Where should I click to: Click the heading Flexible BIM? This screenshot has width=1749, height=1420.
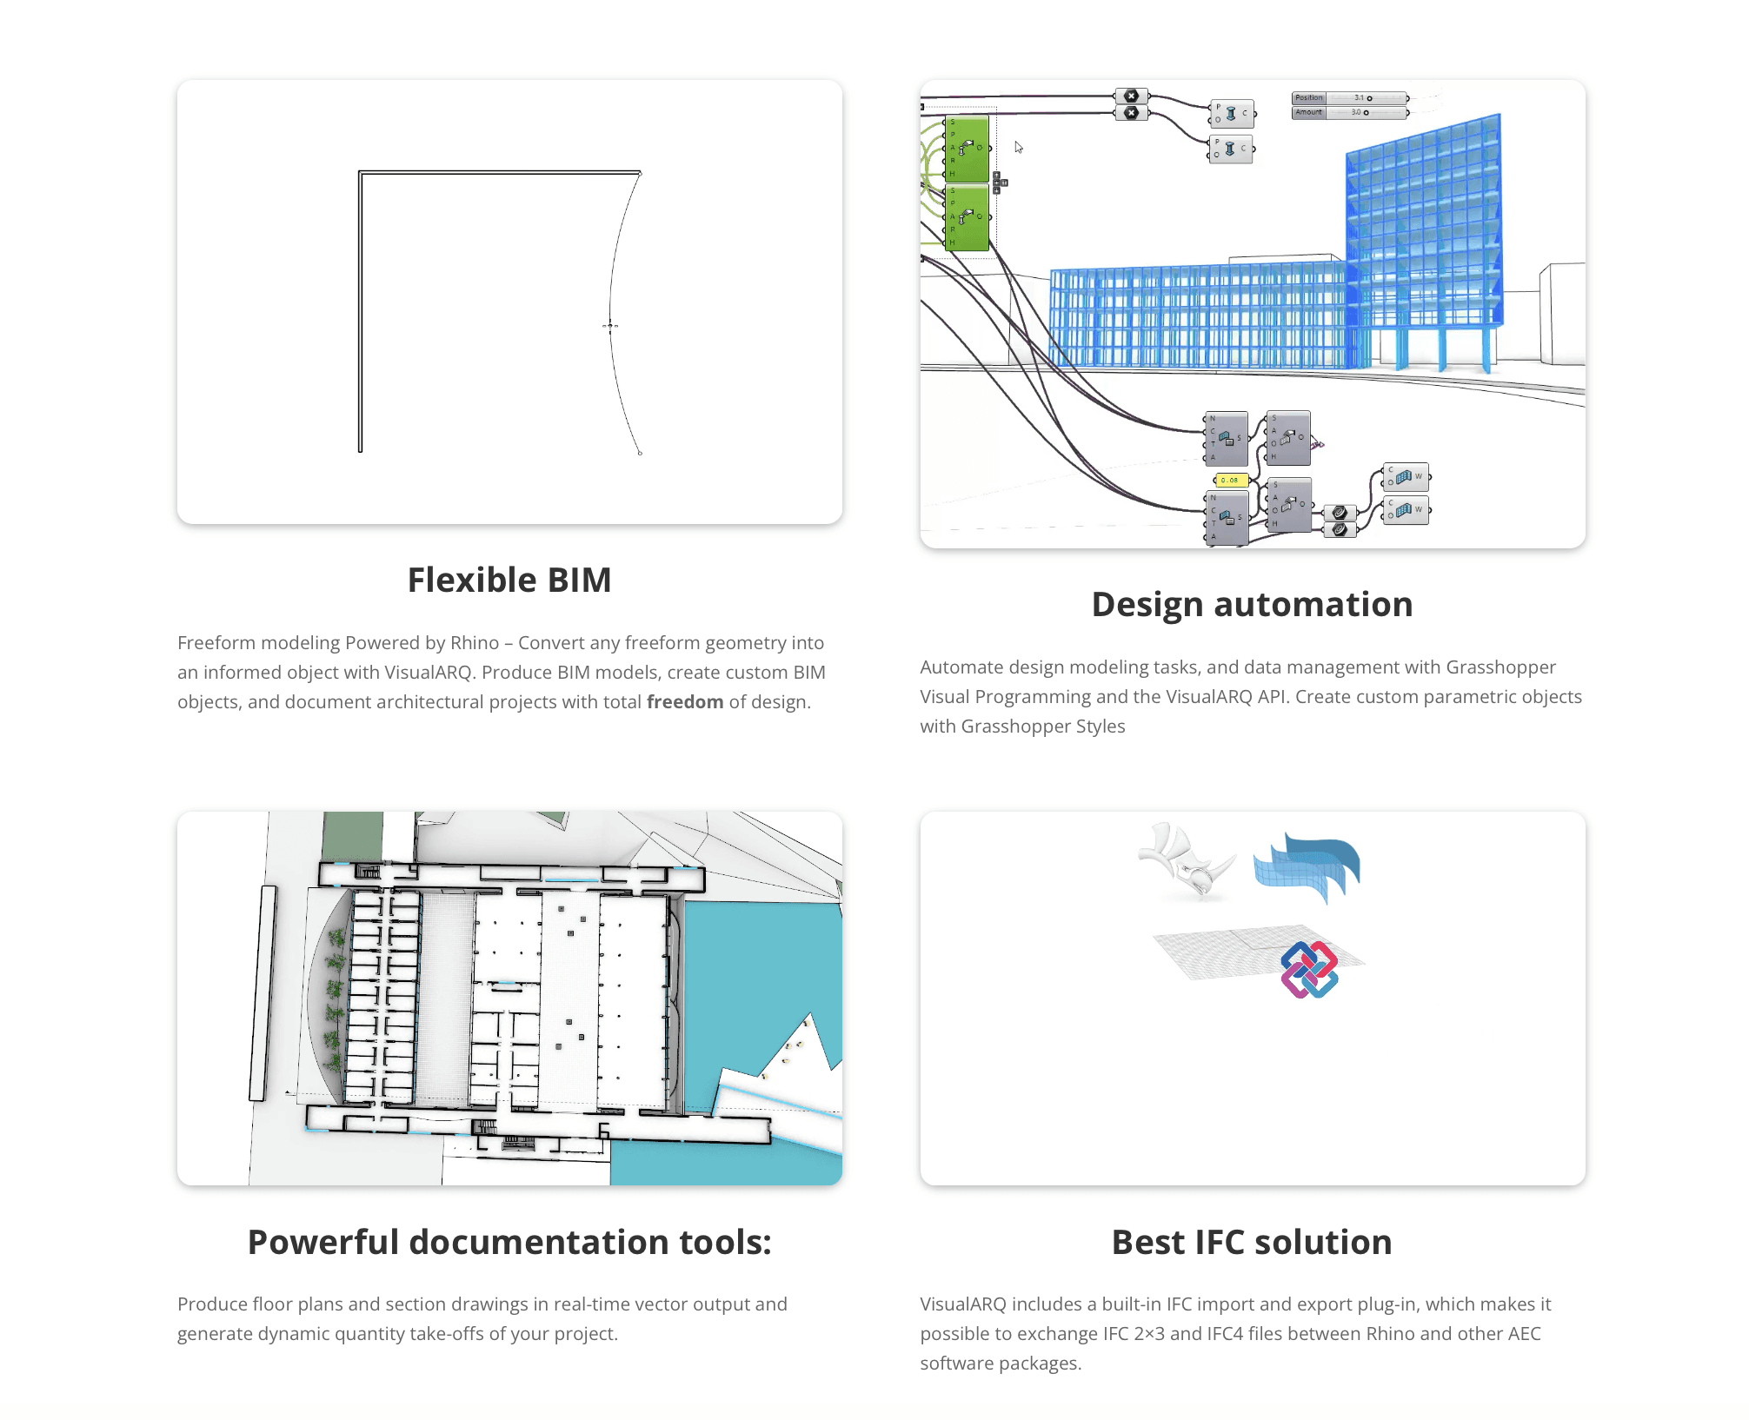(x=509, y=580)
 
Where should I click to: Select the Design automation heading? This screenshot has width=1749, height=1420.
(x=1252, y=604)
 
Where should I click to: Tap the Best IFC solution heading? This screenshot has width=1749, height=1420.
(x=1252, y=1242)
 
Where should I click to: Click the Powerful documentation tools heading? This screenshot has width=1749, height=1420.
(x=509, y=1242)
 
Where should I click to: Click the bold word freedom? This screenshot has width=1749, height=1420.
(x=685, y=702)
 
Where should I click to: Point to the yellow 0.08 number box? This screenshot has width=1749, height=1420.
(x=1230, y=480)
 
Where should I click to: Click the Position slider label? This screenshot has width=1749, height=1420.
(x=1308, y=98)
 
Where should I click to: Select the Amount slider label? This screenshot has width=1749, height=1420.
(x=1308, y=112)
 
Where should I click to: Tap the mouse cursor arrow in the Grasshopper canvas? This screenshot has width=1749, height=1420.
(x=1019, y=147)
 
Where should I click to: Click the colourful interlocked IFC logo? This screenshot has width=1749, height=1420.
(x=1309, y=970)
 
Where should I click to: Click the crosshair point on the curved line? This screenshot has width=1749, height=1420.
(x=610, y=326)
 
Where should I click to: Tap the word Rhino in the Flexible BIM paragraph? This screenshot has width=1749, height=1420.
(x=475, y=643)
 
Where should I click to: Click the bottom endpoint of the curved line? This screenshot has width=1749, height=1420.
(x=641, y=454)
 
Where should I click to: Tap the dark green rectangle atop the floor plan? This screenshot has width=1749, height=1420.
(x=352, y=836)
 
